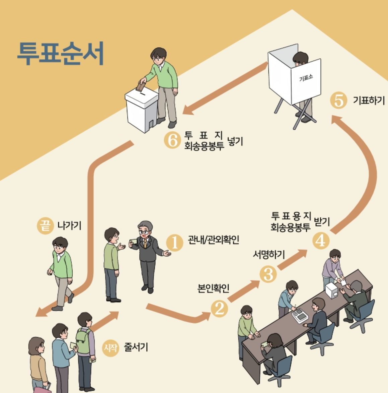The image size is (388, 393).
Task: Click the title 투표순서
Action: click(x=61, y=54)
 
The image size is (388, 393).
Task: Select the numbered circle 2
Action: click(x=219, y=308)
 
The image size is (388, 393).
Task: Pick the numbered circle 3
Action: click(x=268, y=274)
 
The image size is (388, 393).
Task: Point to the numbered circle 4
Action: click(x=321, y=240)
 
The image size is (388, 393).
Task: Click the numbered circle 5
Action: click(x=339, y=100)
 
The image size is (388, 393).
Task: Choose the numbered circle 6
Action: click(x=172, y=140)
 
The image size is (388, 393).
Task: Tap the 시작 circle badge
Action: click(x=110, y=348)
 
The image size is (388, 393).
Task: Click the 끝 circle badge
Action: click(x=45, y=225)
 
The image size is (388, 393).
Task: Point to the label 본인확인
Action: click(x=214, y=288)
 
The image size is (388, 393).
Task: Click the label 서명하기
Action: click(x=269, y=255)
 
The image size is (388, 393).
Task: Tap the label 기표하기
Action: click(x=369, y=100)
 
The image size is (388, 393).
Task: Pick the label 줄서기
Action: click(x=136, y=347)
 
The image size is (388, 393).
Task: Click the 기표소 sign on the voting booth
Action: click(x=306, y=79)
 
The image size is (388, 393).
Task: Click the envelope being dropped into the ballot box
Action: click(x=141, y=87)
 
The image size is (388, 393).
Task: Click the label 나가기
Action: click(x=69, y=225)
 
